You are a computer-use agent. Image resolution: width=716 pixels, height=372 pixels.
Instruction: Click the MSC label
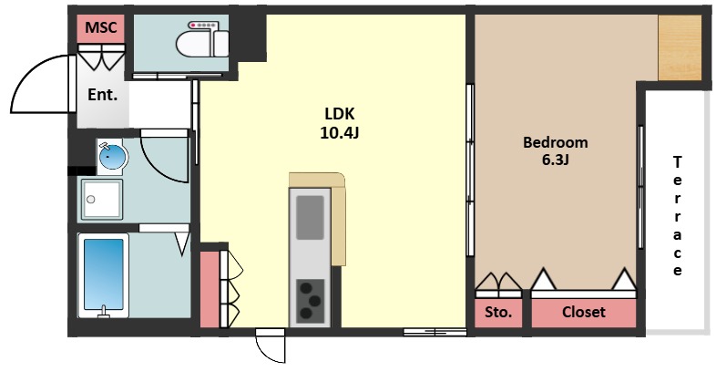click(x=101, y=27)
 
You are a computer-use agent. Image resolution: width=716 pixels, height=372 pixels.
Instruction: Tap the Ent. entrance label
click(x=102, y=95)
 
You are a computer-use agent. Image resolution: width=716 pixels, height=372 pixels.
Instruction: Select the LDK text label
click(x=339, y=113)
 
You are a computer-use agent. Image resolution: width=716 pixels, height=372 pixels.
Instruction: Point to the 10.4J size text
click(x=339, y=132)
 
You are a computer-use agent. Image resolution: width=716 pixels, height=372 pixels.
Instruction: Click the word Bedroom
click(x=556, y=142)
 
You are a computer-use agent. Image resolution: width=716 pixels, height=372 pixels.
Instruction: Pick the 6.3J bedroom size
click(x=556, y=160)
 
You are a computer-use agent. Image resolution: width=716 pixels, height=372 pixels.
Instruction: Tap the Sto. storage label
click(x=497, y=313)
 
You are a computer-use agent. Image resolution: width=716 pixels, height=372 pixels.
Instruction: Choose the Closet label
click(x=584, y=312)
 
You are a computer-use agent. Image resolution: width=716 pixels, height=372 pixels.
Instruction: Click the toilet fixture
click(x=202, y=40)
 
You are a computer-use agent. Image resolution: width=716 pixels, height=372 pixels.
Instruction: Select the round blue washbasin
click(x=112, y=157)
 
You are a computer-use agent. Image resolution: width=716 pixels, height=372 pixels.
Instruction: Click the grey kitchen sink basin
click(x=310, y=218)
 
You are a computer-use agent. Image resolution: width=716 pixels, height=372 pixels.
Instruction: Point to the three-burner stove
click(x=310, y=300)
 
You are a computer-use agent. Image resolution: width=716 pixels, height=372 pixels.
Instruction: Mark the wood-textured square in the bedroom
click(x=680, y=47)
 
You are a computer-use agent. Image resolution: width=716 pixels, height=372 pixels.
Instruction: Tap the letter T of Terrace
click(x=678, y=161)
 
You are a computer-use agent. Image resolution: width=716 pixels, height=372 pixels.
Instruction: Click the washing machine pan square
click(x=102, y=200)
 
